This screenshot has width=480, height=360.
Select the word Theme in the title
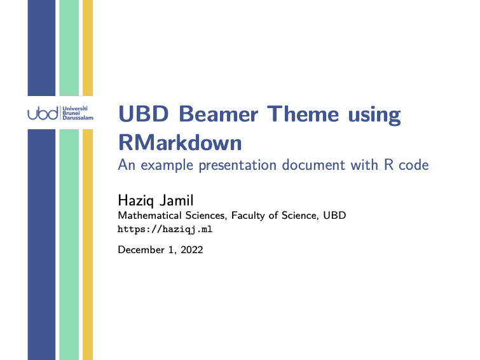click(x=303, y=114)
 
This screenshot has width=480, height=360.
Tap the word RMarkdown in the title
click(x=180, y=142)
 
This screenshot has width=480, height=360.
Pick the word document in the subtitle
click(x=313, y=165)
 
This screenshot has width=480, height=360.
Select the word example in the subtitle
click(x=167, y=165)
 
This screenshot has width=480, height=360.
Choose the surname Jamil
click(x=177, y=200)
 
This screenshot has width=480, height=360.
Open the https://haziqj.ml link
click(x=165, y=229)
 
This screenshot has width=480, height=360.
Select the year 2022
click(x=191, y=250)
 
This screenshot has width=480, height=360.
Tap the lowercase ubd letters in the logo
click(x=43, y=113)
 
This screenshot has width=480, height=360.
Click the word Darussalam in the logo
click(x=78, y=118)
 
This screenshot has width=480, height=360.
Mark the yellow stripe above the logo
click(x=88, y=48)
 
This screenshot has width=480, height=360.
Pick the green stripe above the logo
click(x=69, y=48)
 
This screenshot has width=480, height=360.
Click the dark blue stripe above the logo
click(x=41, y=48)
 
